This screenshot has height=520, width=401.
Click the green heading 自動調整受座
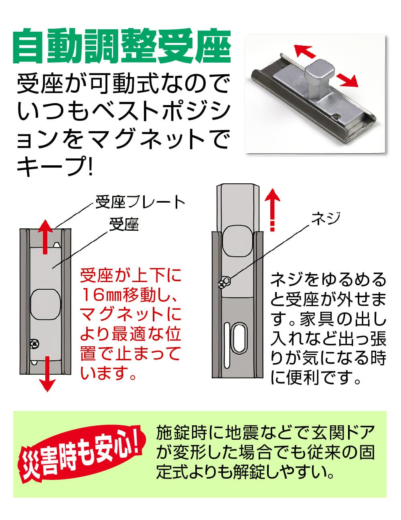tap(122, 46)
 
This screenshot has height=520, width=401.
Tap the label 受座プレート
tap(140, 202)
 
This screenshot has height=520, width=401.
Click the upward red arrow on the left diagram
tap(45, 237)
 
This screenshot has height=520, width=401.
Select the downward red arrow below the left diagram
tap(47, 374)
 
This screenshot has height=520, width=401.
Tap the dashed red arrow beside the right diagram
tap(272, 209)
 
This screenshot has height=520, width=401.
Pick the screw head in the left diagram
tap(34, 344)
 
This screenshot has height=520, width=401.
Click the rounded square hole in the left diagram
tap(46, 304)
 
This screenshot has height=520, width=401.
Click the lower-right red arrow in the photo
tap(347, 81)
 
